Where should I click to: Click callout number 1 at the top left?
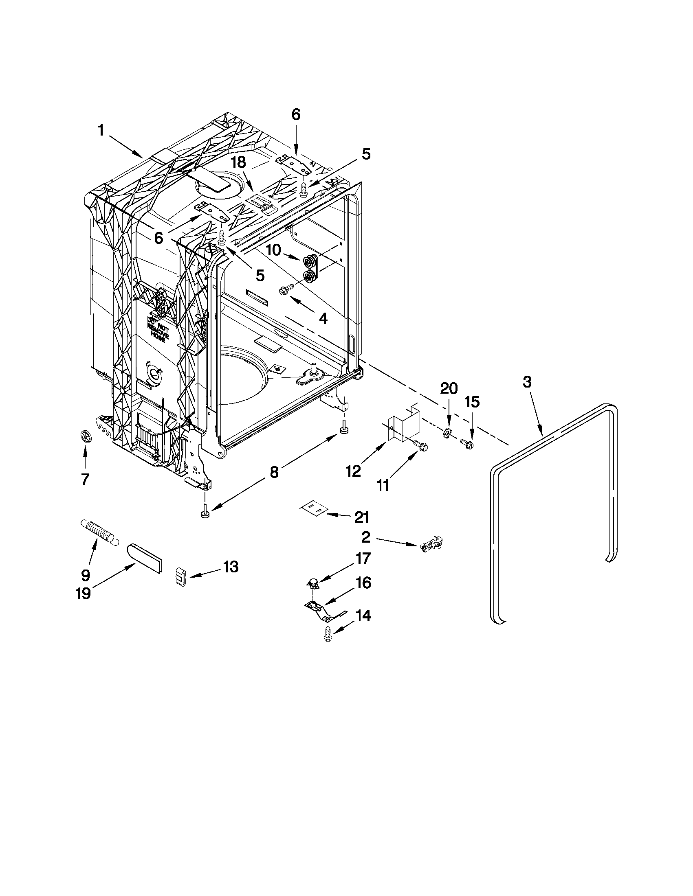[100, 131]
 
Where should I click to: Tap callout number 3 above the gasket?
[528, 382]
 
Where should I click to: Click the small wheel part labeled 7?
[85, 435]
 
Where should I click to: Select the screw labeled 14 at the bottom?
[328, 634]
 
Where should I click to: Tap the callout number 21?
[362, 518]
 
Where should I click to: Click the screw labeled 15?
[467, 443]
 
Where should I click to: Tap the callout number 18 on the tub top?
[238, 162]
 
